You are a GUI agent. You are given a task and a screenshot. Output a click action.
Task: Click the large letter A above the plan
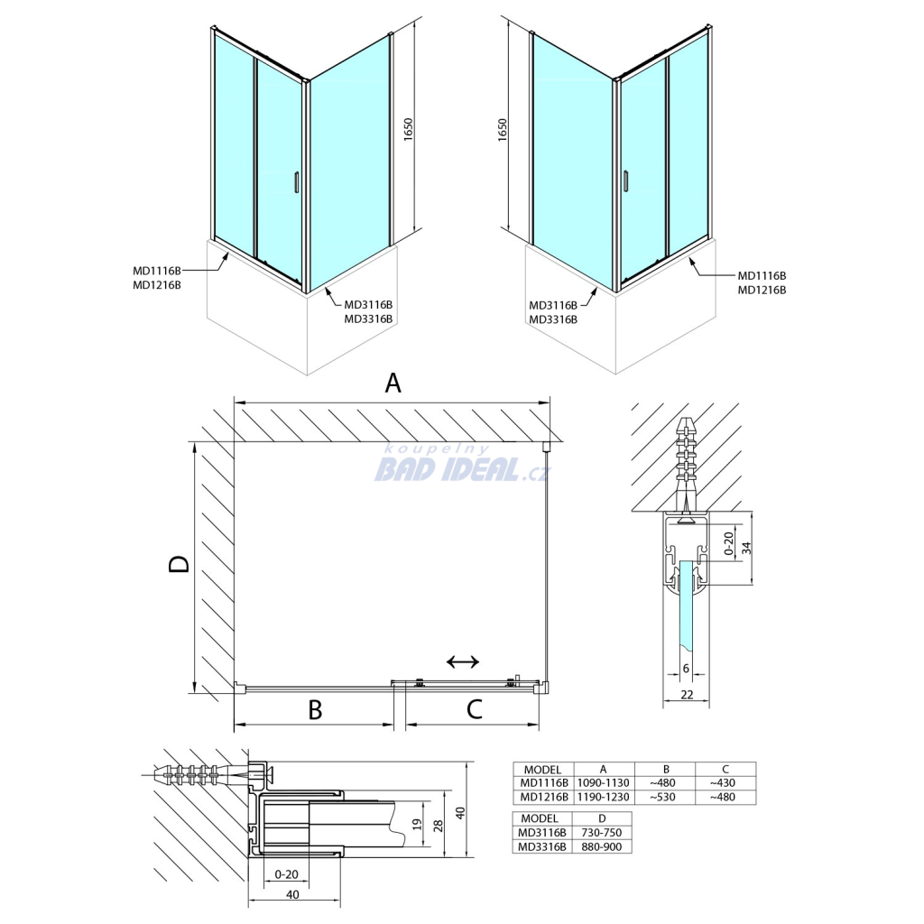393,383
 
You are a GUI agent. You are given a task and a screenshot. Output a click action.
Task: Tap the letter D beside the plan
180,564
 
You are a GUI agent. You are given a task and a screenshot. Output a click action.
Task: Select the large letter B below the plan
315,710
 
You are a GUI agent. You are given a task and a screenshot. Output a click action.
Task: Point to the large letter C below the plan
475,709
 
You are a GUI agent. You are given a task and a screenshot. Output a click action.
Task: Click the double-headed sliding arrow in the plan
463,661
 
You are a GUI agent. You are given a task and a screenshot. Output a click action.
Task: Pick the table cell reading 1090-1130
604,783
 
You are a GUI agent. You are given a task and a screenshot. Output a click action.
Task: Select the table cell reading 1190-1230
604,798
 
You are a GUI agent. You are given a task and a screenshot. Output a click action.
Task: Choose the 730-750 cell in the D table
602,833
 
